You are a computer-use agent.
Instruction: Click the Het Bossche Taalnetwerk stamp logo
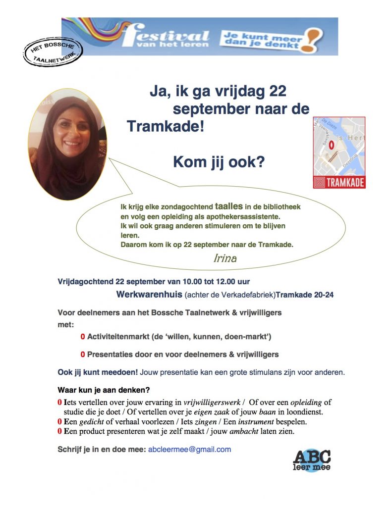click(53, 53)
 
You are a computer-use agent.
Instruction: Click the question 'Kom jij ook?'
click(219, 161)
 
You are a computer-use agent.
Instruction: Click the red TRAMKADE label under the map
click(339, 182)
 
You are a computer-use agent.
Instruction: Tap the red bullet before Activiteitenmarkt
click(83, 337)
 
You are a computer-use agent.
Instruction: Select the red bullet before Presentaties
click(83, 355)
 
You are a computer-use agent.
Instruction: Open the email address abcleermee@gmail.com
click(190, 450)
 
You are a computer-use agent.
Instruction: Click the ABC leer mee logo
click(312, 460)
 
